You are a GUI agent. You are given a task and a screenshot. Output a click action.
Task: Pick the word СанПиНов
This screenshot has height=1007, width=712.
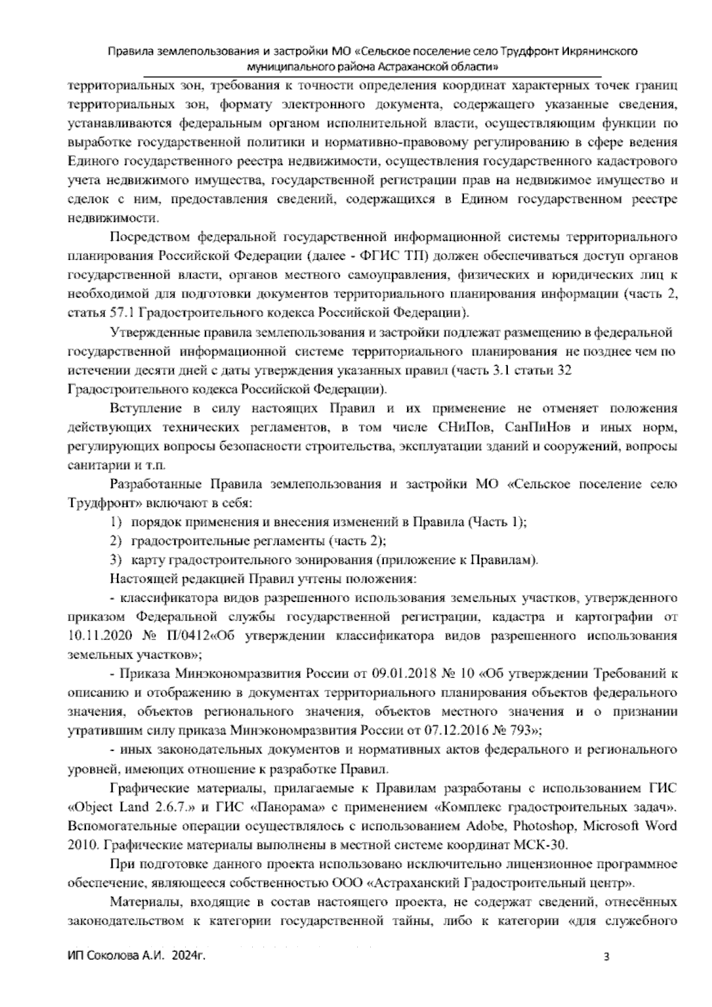pos(539,427)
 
